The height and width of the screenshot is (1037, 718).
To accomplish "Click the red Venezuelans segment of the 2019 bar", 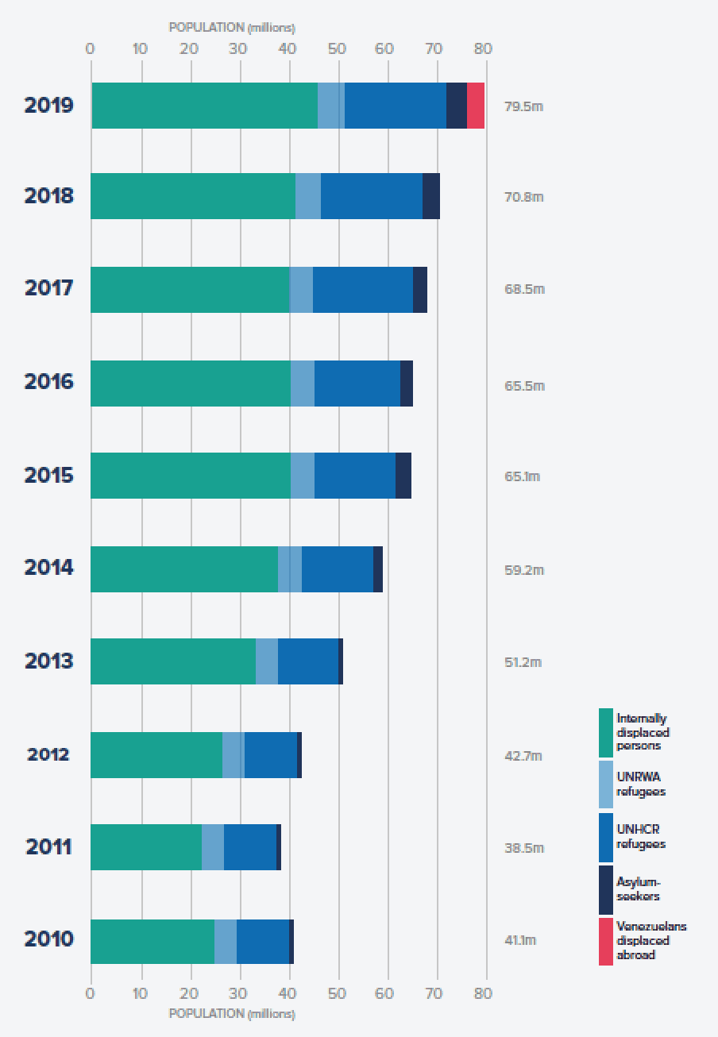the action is pos(476,106).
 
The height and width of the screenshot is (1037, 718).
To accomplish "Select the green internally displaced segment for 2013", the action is pos(173,661).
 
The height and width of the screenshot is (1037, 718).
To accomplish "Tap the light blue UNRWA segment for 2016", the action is pos(303,384).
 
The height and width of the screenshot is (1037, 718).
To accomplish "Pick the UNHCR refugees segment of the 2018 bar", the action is pos(371,196).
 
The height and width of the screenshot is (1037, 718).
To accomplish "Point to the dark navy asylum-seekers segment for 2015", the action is pos(403,476).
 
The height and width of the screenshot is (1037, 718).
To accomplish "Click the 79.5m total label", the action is pos(523,106).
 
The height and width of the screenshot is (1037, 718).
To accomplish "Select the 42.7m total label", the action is pos(523,756).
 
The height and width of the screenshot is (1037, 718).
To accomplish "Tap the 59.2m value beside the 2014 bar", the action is pos(524,570).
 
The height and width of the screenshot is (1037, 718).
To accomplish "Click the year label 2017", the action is pos(48,288).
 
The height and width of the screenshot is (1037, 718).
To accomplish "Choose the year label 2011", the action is pos(48,847).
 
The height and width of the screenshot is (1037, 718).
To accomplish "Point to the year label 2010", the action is pos(48,939).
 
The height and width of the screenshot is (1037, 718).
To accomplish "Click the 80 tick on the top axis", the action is pos(483,48).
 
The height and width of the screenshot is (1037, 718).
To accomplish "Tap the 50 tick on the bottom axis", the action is pos(337,993).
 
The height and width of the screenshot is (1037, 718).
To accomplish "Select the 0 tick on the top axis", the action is pos(90,48).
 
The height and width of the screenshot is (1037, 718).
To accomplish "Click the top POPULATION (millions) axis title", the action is pos(232,28).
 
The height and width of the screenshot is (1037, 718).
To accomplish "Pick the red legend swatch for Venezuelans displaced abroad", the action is pos(605,942).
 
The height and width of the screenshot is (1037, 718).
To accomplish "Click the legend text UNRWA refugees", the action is pos(641,784).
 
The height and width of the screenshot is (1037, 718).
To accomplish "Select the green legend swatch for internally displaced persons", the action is pos(605,732).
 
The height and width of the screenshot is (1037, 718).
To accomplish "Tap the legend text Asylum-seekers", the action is pos(639,889).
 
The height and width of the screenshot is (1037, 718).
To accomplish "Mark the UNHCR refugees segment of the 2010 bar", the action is pos(263,942).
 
